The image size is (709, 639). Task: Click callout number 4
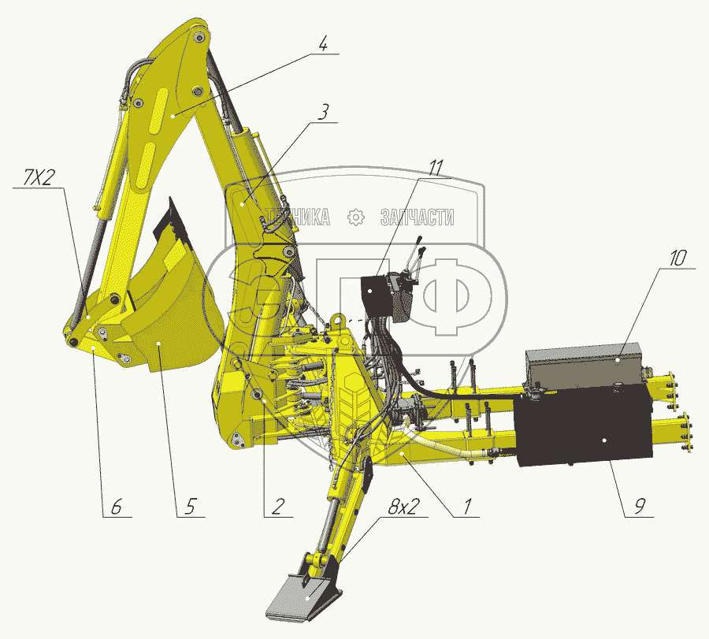pos(322,44)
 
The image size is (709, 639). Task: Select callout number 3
pos(323,112)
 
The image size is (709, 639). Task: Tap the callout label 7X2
pos(38,178)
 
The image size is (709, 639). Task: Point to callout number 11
pos(436,168)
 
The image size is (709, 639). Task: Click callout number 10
pos(678,258)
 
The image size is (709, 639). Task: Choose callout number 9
pos(640,506)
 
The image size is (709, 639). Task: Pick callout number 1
pos(466,507)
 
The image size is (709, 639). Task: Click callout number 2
pos(278,507)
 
